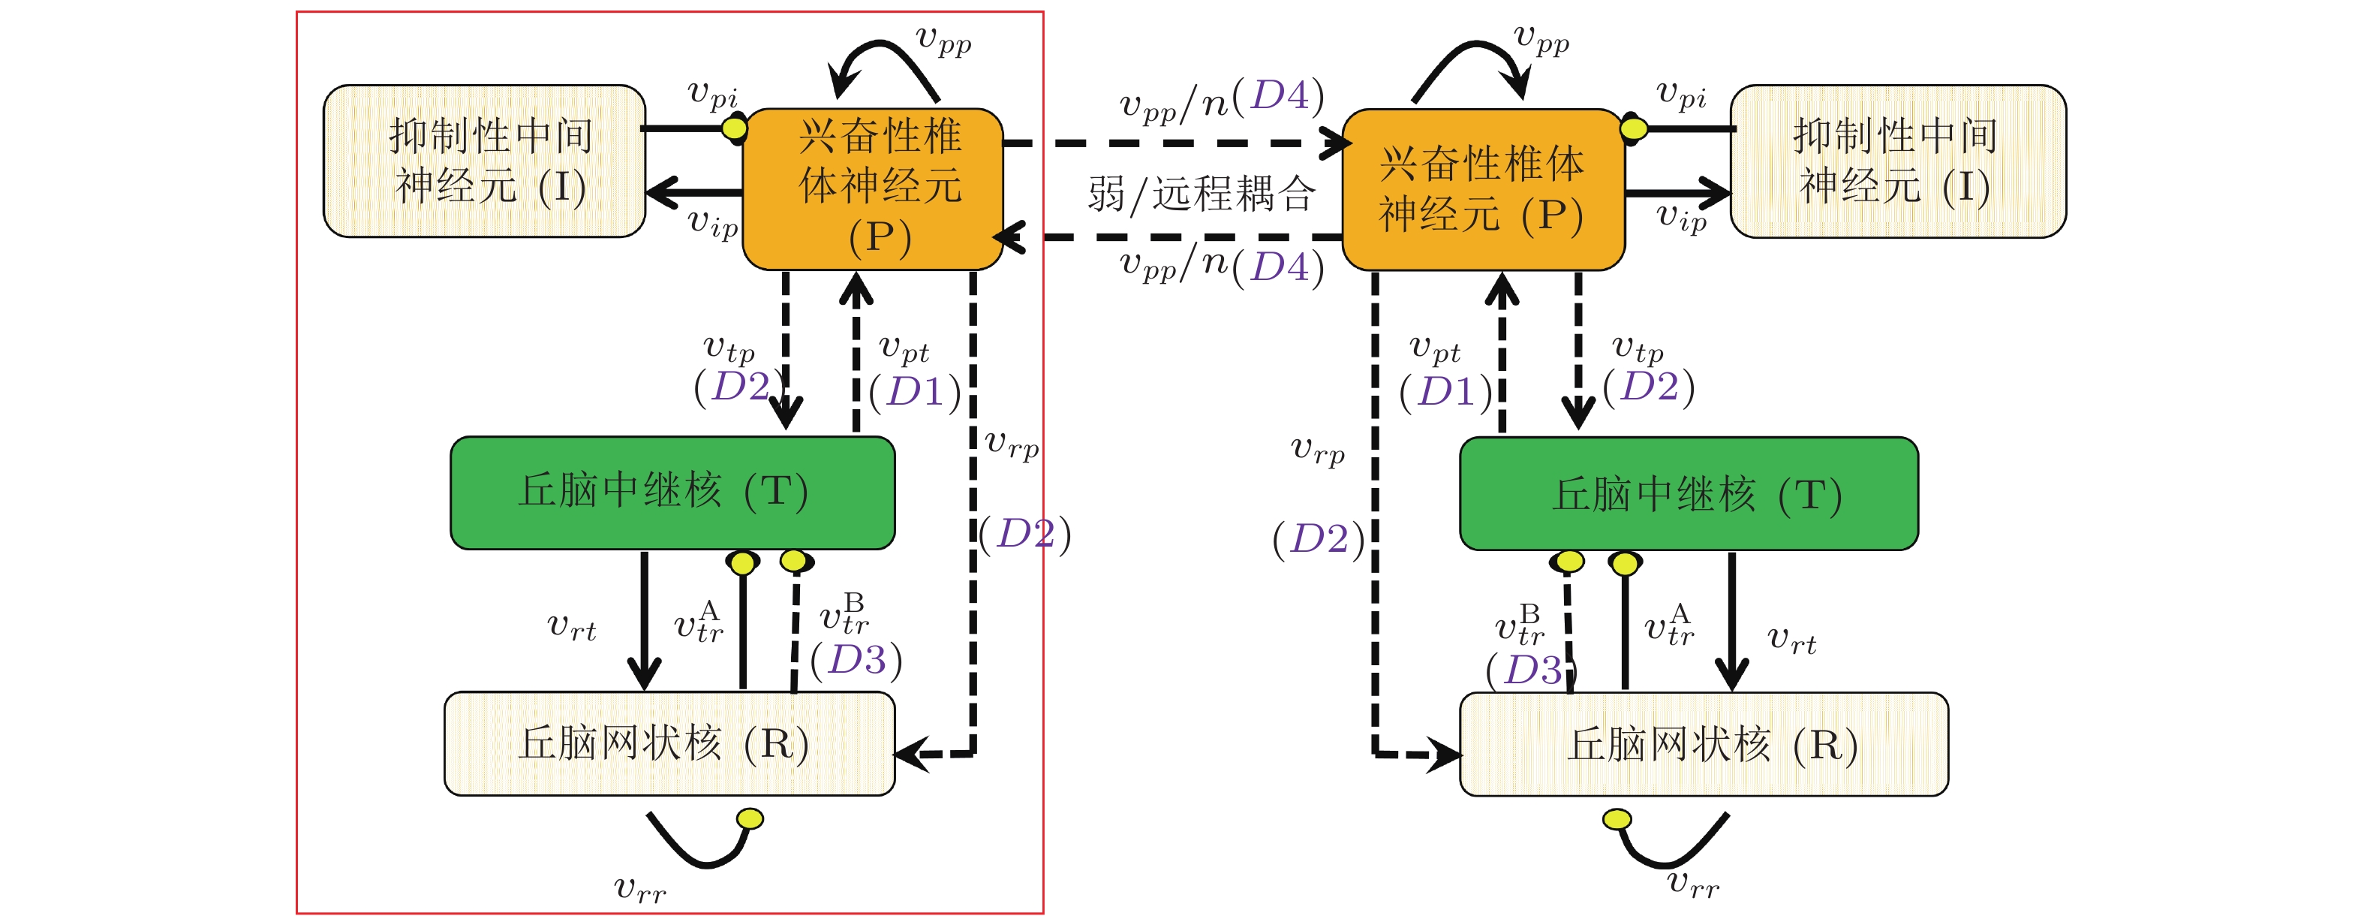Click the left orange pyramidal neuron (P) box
pyautogui.click(x=872, y=188)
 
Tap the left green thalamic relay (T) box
pyautogui.click(x=672, y=493)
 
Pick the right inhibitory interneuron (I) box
pyautogui.click(x=1897, y=161)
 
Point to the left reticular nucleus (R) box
pyautogui.click(x=669, y=743)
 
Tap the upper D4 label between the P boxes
pyautogui.click(x=1280, y=95)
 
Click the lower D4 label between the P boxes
pyautogui.click(x=1280, y=267)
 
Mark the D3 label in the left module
pyautogui.click(x=856, y=660)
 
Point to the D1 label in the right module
pyautogui.click(x=1445, y=392)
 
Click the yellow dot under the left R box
pyautogui.click(x=750, y=818)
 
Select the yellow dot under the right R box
pyautogui.click(x=1617, y=818)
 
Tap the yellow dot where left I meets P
pyautogui.click(x=734, y=128)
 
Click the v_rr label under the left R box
pyautogui.click(x=639, y=888)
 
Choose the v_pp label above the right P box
pyautogui.click(x=1541, y=38)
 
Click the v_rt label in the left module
pyautogui.click(x=571, y=628)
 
